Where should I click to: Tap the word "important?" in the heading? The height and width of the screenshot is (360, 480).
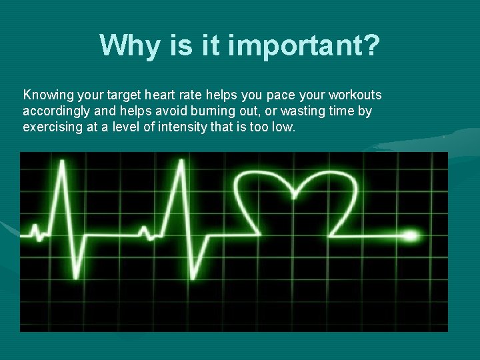(304, 45)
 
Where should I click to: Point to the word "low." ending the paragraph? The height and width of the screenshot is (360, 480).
(281, 126)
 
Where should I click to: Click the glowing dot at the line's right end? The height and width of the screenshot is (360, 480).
(411, 235)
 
